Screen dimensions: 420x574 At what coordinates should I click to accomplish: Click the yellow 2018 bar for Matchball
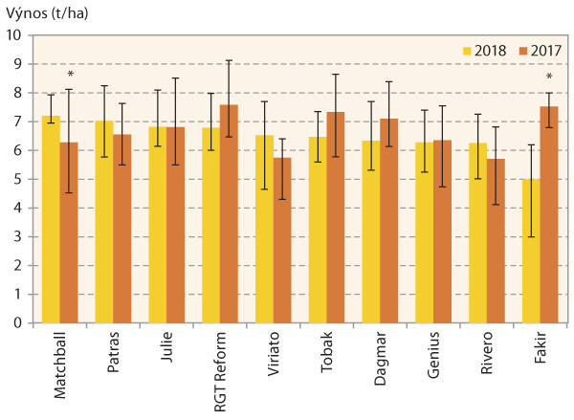[50, 220]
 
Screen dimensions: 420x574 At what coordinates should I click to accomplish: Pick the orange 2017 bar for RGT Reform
[228, 214]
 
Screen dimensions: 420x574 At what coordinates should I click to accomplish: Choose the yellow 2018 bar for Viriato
[264, 230]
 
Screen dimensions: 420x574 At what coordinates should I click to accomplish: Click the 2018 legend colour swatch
[467, 50]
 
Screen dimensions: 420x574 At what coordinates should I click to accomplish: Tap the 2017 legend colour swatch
[521, 50]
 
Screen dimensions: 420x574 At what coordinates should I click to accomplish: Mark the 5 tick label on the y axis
[17, 179]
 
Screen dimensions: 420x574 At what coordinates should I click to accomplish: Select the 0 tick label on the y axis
[17, 322]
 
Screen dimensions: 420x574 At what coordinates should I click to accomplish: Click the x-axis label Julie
[166, 346]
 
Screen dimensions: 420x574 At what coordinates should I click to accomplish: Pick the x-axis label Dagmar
[381, 353]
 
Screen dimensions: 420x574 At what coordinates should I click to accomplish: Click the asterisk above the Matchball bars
[70, 75]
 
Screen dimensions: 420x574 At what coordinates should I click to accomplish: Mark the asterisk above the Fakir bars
[549, 78]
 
